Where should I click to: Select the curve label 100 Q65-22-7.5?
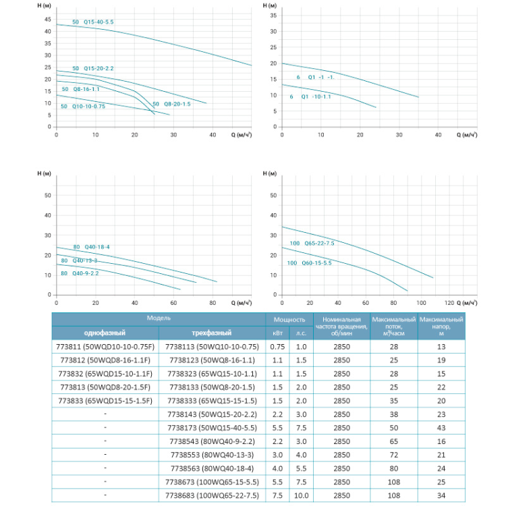click(x=312, y=243)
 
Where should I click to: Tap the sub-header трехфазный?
click(x=211, y=333)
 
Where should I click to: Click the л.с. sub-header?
click(x=302, y=333)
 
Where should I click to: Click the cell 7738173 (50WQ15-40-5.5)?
click(x=211, y=428)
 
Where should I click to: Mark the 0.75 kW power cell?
click(x=277, y=347)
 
